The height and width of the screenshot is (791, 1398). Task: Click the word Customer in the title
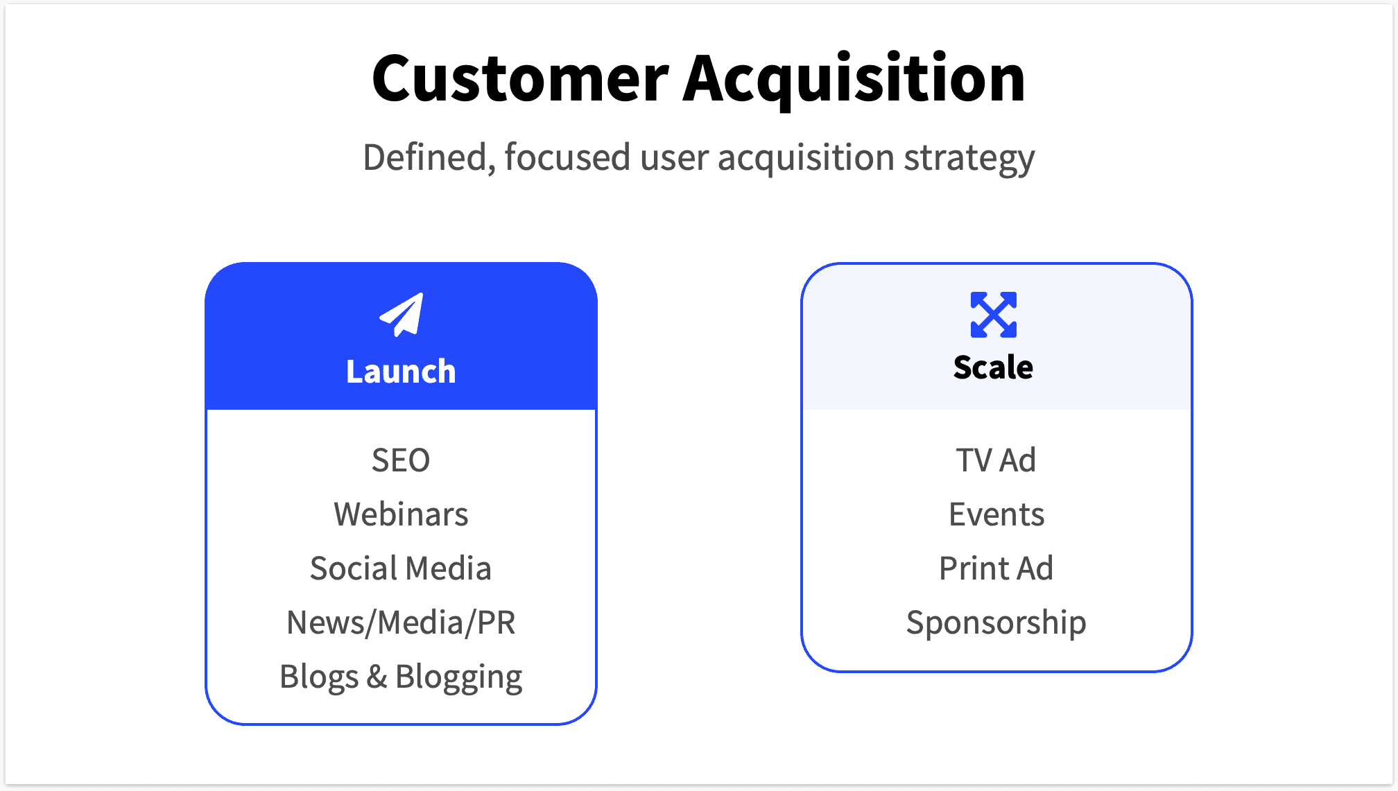click(x=520, y=79)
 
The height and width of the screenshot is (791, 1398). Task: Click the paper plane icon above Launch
click(x=402, y=315)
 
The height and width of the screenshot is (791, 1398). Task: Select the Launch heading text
click(x=401, y=372)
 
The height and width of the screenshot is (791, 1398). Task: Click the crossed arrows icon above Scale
click(x=993, y=315)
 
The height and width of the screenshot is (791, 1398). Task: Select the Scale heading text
click(x=993, y=367)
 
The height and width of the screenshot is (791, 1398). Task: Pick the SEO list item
click(x=401, y=460)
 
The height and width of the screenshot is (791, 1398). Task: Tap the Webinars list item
click(x=401, y=514)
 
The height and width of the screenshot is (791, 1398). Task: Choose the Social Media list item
click(x=401, y=568)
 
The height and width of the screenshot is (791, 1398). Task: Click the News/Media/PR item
click(x=401, y=623)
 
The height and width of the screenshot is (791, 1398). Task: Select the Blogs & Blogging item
click(x=401, y=677)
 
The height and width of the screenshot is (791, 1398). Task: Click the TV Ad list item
click(x=996, y=460)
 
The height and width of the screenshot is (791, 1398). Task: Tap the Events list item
click(x=996, y=514)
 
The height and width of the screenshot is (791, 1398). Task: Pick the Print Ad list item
click(x=996, y=568)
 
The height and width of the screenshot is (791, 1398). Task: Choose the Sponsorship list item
click(x=996, y=623)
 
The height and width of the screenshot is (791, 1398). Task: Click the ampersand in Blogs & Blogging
click(x=377, y=677)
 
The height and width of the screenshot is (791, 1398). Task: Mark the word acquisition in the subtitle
click(x=806, y=158)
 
